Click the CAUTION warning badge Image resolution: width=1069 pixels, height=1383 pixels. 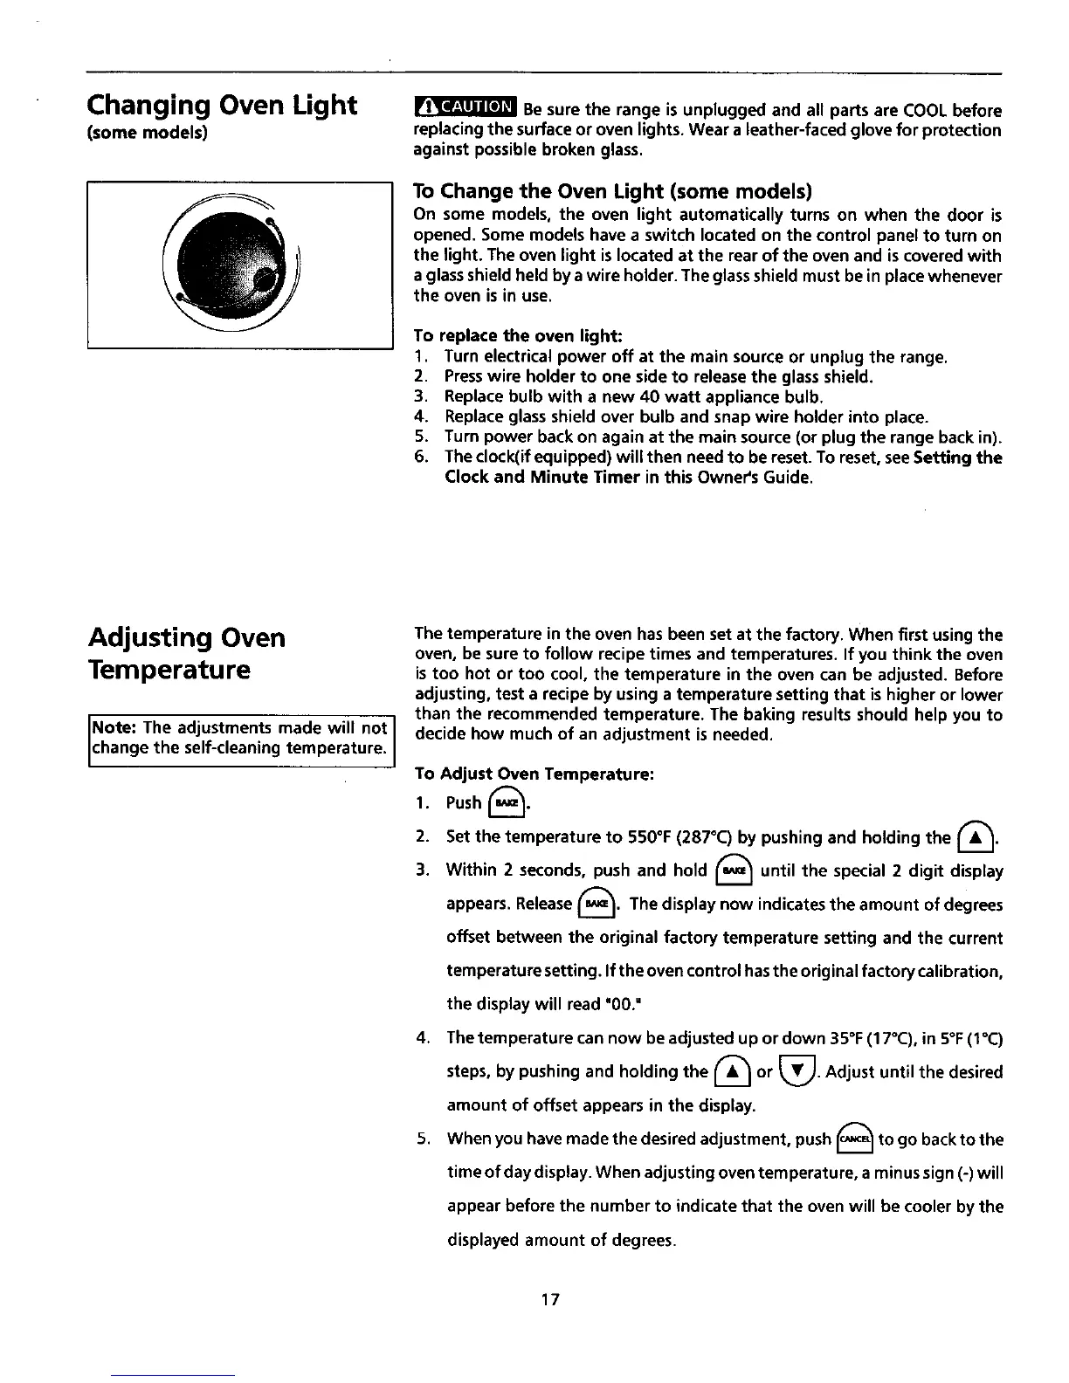click(x=466, y=109)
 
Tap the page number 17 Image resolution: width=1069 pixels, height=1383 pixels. click(x=549, y=1299)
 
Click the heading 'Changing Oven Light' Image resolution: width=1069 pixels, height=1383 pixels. click(x=222, y=106)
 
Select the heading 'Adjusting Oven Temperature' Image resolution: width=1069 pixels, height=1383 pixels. click(x=186, y=653)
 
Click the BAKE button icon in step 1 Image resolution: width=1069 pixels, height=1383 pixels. click(x=507, y=802)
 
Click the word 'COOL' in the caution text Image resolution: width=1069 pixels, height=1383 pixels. click(x=924, y=111)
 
